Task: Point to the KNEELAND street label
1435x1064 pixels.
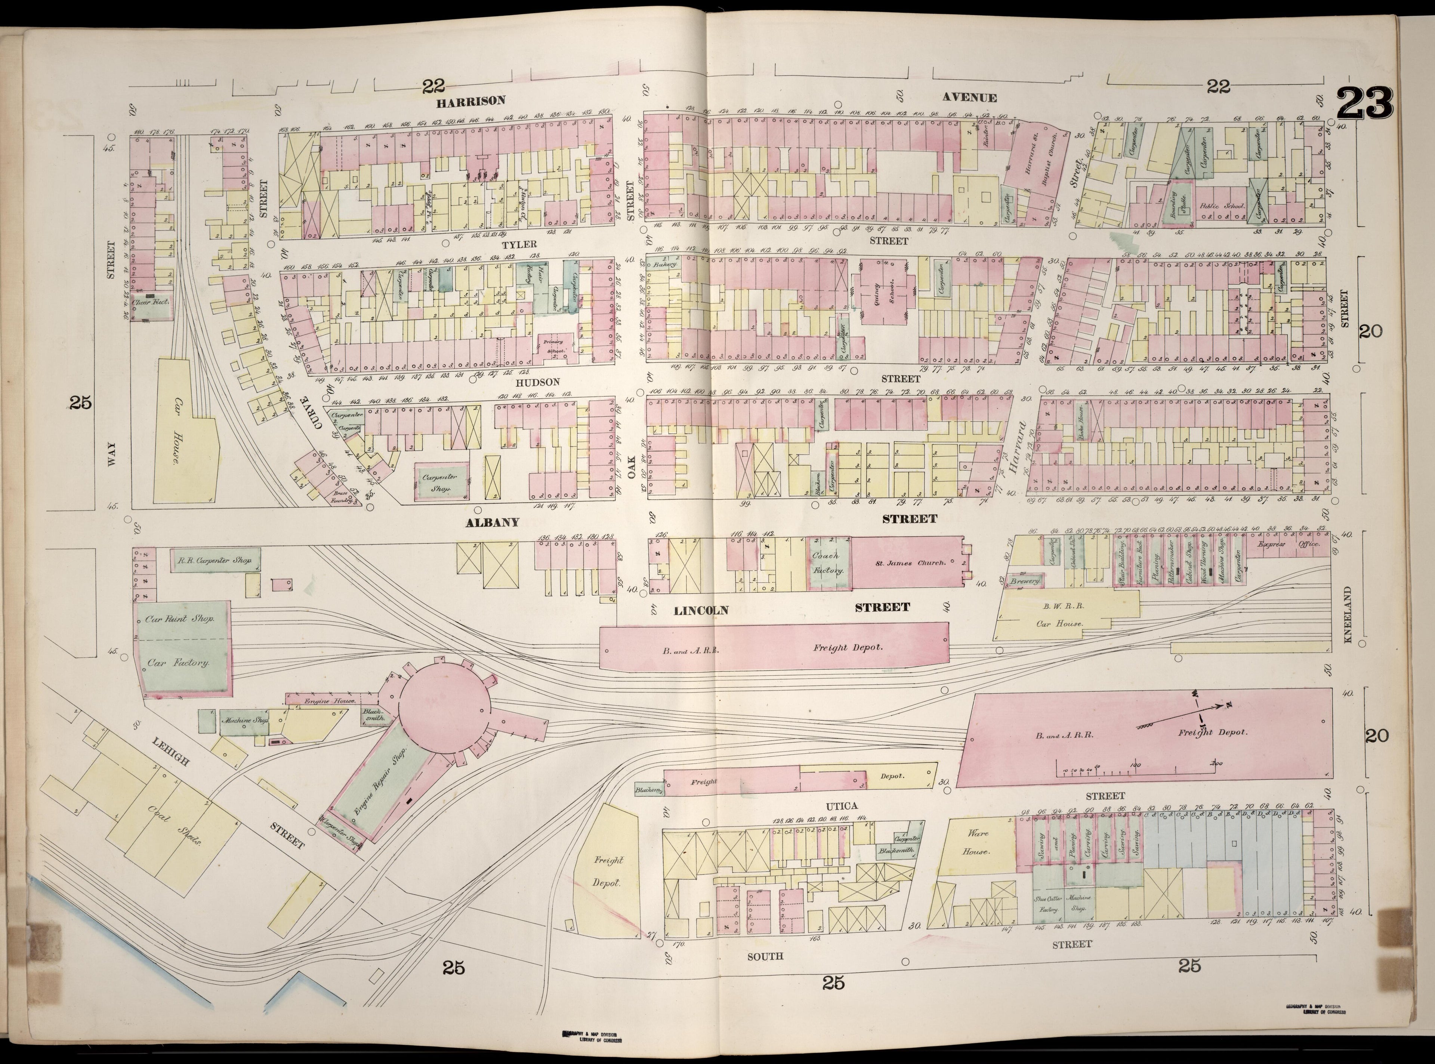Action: point(1345,615)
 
